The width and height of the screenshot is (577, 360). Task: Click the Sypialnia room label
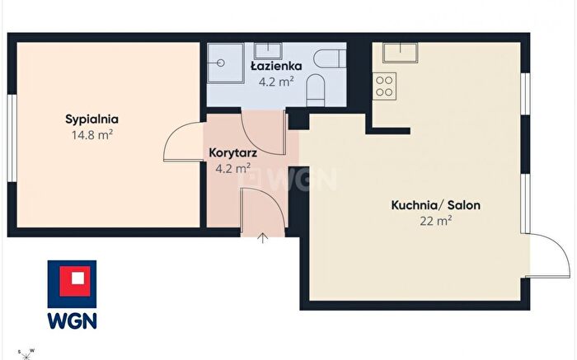pos(92,120)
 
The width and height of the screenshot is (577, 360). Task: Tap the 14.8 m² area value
pos(92,134)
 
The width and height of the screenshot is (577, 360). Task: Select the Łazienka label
pos(276,66)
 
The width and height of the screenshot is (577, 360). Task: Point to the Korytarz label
pos(233,153)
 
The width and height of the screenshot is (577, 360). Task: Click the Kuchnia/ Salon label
pos(436,205)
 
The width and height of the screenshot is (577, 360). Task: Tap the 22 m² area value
pos(436,221)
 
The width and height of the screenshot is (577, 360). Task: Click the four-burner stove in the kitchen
pos(385,86)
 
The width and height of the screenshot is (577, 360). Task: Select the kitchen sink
pos(401,52)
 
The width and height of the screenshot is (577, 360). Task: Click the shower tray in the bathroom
pos(226,63)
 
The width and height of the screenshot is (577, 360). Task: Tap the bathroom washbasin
pos(268,51)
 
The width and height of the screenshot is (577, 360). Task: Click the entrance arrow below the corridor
pos(262,238)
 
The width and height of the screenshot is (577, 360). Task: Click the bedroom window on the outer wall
pos(12,138)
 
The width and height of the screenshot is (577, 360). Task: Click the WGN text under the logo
pos(73,320)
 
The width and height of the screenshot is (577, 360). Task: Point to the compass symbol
pos(26,354)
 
